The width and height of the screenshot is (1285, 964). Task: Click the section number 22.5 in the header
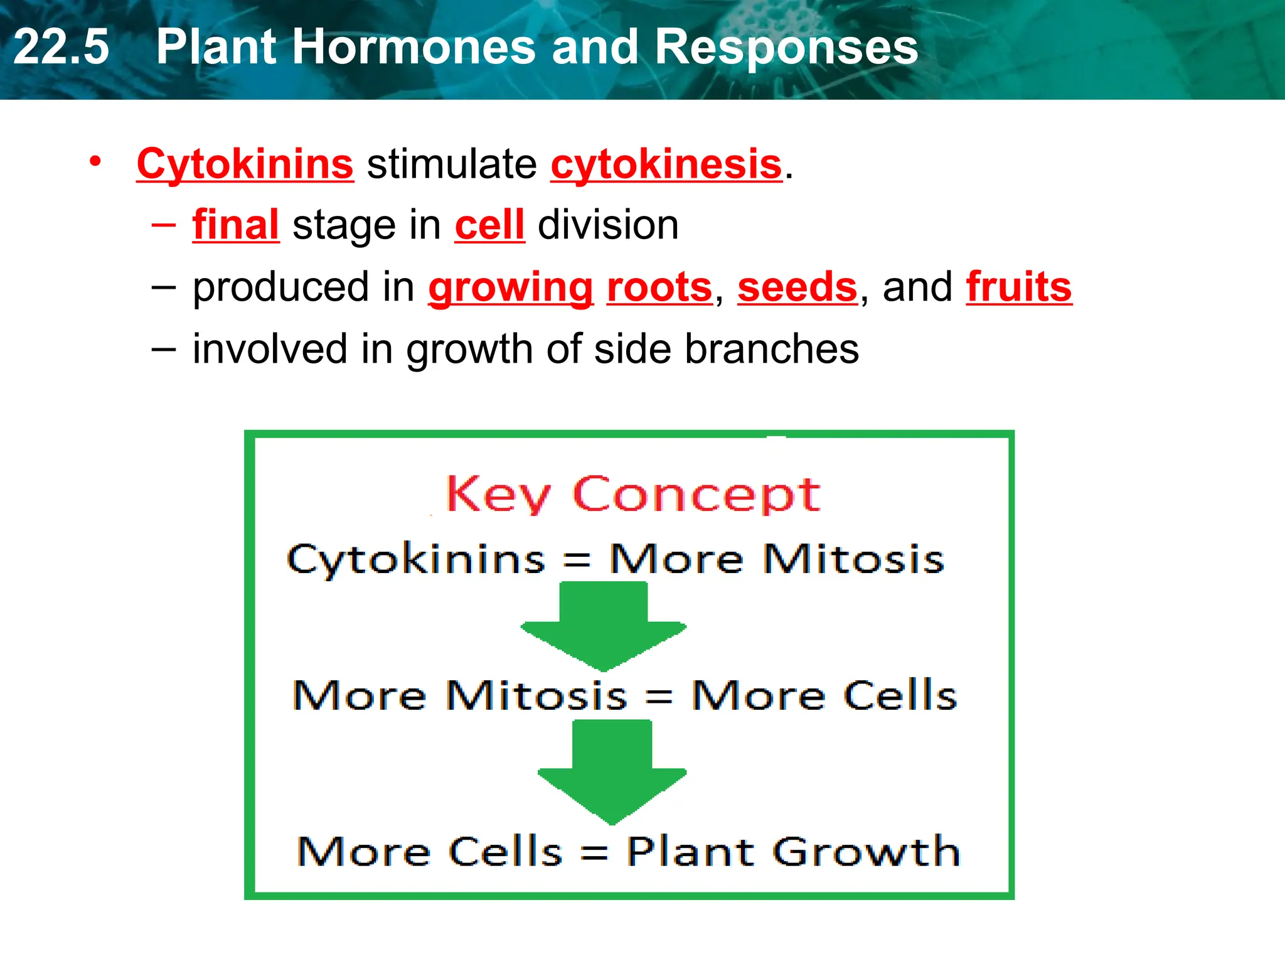tap(61, 47)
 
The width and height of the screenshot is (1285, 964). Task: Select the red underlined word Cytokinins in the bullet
tap(245, 164)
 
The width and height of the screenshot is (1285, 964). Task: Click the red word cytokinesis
tap(666, 164)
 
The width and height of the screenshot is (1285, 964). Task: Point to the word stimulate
tap(452, 164)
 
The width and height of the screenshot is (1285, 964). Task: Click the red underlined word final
tap(235, 225)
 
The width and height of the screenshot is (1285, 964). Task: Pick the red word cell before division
tap(489, 225)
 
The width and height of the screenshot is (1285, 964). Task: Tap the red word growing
tap(511, 287)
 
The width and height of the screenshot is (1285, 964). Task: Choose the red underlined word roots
tap(659, 287)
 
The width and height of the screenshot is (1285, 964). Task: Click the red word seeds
tap(797, 287)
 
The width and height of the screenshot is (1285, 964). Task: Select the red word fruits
tap(1019, 287)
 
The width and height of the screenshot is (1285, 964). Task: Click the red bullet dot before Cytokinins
tap(95, 162)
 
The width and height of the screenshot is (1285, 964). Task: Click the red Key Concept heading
tap(633, 495)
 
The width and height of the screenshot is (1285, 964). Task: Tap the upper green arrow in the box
tap(603, 624)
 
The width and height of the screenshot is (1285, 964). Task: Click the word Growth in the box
tap(866, 852)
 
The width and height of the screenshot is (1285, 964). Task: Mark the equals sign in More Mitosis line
tap(659, 696)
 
